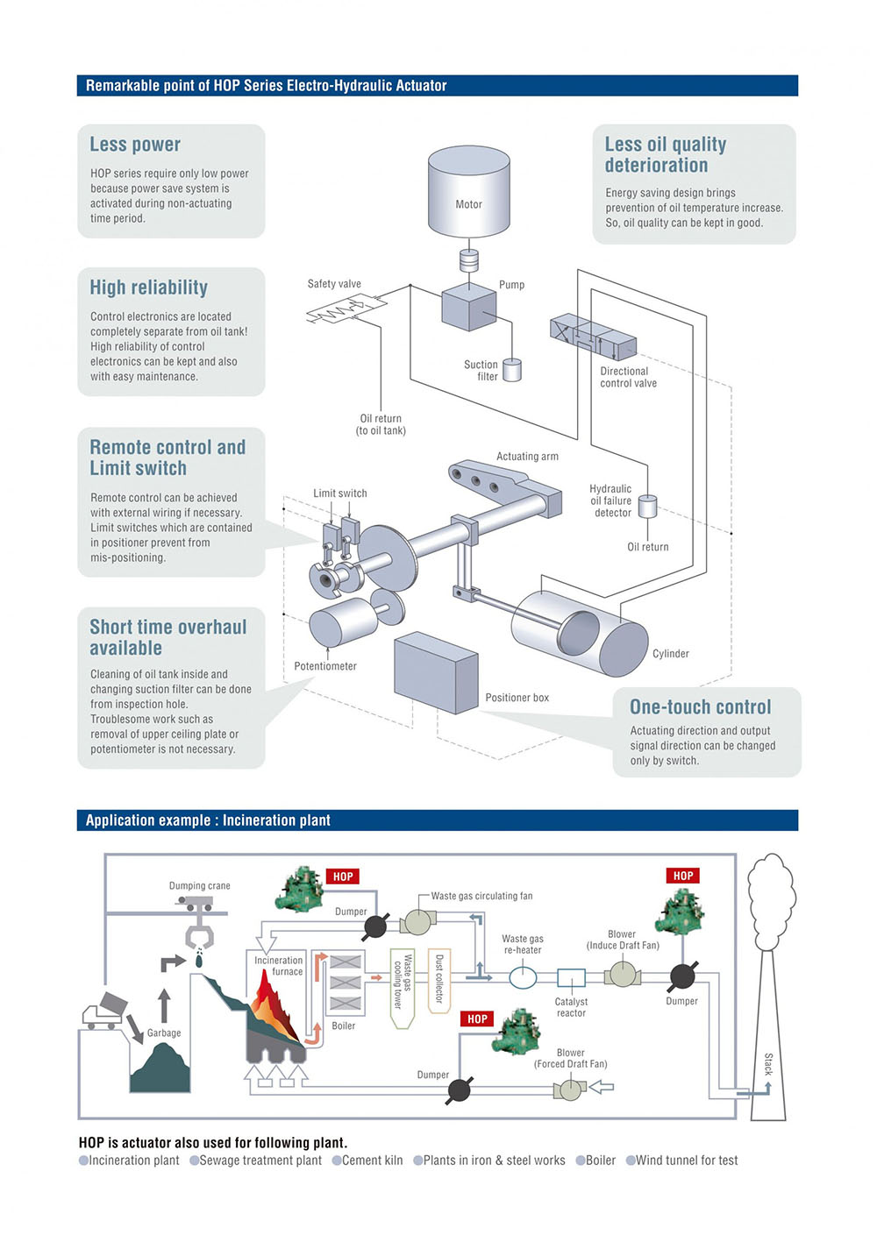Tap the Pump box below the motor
tap(468, 307)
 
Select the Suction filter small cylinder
tap(512, 370)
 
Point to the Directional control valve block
tap(593, 337)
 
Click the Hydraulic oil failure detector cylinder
tap(647, 506)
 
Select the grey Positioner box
tap(436, 672)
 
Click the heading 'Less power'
tap(135, 144)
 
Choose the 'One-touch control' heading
tap(700, 706)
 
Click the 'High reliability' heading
tap(149, 287)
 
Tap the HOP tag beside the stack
tap(683, 876)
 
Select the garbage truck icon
tap(105, 1011)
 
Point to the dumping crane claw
tap(198, 936)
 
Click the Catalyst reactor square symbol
tap(571, 977)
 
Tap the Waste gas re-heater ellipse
tap(523, 977)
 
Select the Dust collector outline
tap(438, 981)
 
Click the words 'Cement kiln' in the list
tap(372, 1160)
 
